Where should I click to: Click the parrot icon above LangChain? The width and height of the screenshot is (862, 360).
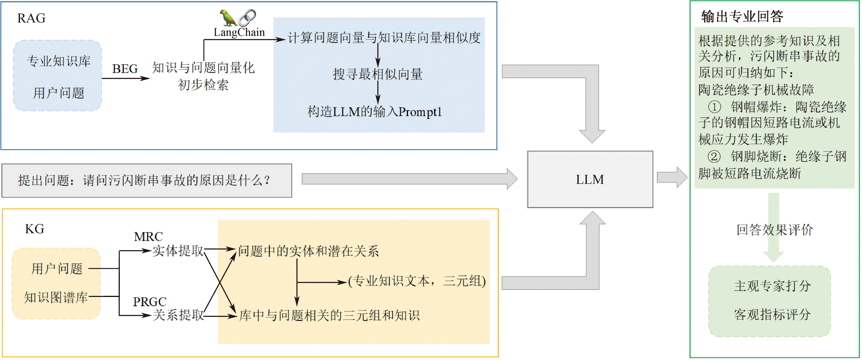click(228, 17)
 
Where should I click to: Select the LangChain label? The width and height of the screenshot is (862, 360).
click(239, 32)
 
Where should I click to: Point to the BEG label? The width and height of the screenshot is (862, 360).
click(125, 69)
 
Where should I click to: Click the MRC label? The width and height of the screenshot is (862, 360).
click(148, 237)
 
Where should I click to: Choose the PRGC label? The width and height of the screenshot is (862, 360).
click(150, 302)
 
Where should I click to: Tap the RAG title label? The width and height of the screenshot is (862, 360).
click(31, 18)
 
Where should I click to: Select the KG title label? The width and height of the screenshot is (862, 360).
click(35, 229)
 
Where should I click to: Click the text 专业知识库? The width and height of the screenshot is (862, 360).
click(59, 61)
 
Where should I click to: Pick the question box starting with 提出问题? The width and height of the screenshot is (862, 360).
click(147, 180)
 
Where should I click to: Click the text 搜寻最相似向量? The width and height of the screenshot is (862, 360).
click(378, 74)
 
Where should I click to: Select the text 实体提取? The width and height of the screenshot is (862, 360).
click(178, 251)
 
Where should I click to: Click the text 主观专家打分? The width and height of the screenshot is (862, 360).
click(772, 286)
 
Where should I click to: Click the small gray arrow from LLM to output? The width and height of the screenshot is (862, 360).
click(672, 177)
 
